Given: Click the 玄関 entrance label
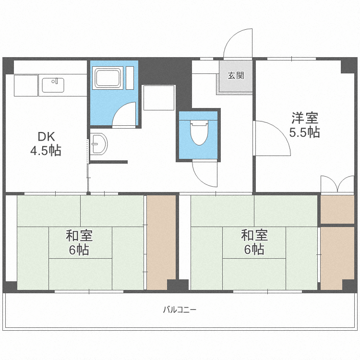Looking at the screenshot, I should pos(236,75).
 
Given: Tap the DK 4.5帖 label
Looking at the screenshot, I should pos(46,144).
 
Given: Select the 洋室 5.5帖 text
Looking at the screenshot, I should pos(304,125).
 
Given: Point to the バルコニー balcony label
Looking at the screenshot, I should pos(180,310).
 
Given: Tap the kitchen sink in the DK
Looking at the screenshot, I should pos(53,85).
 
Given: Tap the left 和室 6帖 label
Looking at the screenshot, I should pos(79,242).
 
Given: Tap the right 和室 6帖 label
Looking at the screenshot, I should pos(254,242).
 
